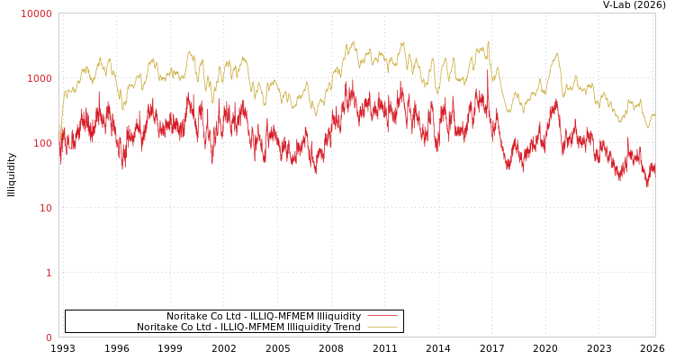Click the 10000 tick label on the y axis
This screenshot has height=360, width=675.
click(37, 13)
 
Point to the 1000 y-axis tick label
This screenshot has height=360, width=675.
click(40, 78)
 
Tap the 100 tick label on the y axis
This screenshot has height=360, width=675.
click(42, 143)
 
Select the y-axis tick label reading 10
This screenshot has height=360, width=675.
click(45, 208)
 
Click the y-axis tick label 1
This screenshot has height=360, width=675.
click(49, 273)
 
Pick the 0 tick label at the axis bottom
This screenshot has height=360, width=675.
click(49, 337)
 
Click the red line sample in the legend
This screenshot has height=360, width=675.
click(382, 316)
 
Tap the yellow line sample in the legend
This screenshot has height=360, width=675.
click(382, 327)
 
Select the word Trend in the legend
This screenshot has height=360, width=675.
click(346, 327)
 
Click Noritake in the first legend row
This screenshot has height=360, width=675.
click(186, 316)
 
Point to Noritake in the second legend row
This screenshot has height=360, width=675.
click(157, 327)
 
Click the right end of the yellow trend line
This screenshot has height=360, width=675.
click(654, 115)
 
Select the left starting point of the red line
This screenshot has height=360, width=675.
click(59, 162)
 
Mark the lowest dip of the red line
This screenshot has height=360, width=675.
click(647, 186)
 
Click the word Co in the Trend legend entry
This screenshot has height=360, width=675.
click(187, 327)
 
